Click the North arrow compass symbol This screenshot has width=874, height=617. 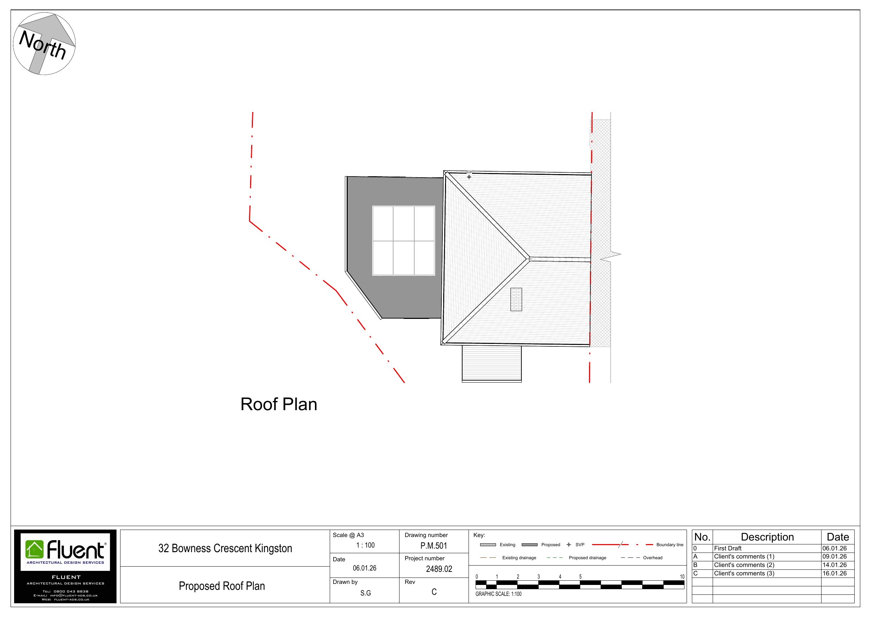(x=44, y=43)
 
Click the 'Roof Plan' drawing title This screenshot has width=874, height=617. (x=279, y=404)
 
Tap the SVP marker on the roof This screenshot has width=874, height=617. (x=469, y=177)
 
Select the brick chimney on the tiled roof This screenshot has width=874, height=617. (x=516, y=300)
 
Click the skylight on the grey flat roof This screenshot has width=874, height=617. (x=403, y=241)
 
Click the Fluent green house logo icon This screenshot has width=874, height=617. (x=35, y=550)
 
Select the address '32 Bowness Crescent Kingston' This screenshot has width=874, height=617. (x=225, y=548)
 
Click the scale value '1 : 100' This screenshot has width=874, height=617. (x=365, y=545)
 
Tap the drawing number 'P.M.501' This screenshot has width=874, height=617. (x=434, y=546)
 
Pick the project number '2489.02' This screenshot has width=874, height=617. (x=439, y=569)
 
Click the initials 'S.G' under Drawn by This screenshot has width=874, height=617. (x=365, y=593)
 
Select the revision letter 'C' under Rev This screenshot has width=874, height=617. (x=434, y=592)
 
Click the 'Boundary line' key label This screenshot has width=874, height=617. (x=670, y=545)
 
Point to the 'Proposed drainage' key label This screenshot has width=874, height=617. (x=587, y=557)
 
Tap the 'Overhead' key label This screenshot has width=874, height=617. (x=652, y=557)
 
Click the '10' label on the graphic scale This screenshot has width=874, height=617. (x=682, y=576)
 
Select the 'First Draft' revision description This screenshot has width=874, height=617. (x=727, y=548)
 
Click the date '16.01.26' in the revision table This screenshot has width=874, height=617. (x=835, y=574)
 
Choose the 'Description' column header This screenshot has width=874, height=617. (x=767, y=537)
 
